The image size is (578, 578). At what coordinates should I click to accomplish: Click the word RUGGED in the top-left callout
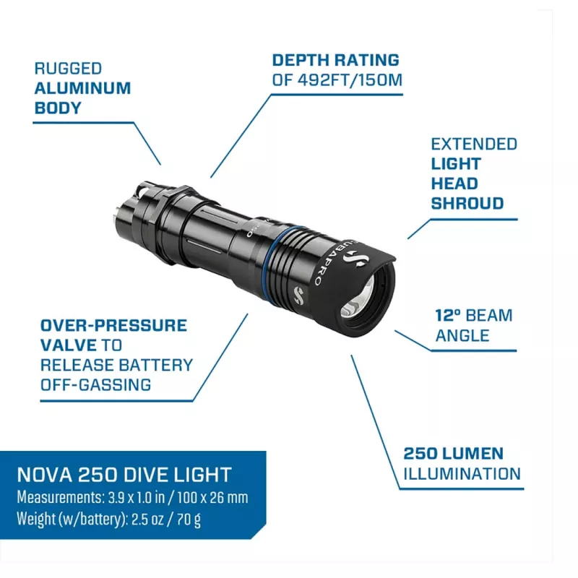point(68,69)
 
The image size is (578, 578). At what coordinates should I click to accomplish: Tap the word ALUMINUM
point(82,88)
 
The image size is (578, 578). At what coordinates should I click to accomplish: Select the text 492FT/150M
point(350,80)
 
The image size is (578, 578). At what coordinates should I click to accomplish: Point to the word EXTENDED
point(474,144)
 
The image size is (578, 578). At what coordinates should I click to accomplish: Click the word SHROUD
point(467,204)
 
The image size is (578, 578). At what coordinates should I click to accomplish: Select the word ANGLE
point(462,336)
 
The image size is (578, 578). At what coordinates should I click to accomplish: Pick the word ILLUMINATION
point(462,474)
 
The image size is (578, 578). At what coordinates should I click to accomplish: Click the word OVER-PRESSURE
point(113,326)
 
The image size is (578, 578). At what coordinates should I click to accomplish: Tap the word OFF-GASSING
point(95,385)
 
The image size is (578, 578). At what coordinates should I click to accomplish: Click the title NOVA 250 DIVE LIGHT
point(124,475)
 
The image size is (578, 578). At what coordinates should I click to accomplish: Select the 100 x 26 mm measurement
point(212,498)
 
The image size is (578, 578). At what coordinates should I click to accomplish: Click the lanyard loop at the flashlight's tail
point(144,189)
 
